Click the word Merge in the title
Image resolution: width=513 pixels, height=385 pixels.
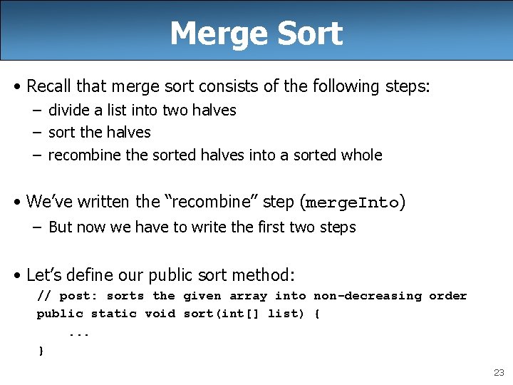click(x=210, y=34)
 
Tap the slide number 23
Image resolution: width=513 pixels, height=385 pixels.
click(x=499, y=373)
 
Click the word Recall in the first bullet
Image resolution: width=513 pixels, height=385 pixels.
click(x=49, y=86)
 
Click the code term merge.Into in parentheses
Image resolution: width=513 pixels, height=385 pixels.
click(x=352, y=202)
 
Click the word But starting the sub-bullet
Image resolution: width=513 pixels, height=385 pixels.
click(x=60, y=227)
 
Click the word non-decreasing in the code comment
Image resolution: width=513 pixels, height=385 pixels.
click(x=368, y=296)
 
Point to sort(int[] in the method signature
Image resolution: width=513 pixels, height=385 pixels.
click(x=222, y=314)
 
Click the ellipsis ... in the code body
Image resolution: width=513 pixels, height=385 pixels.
click(x=79, y=332)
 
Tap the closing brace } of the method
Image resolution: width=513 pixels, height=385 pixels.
click(x=41, y=350)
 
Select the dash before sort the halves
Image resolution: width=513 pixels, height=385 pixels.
click(x=35, y=133)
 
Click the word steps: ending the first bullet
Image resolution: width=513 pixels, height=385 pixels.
click(x=407, y=86)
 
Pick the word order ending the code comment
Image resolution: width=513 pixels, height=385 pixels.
click(x=447, y=296)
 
